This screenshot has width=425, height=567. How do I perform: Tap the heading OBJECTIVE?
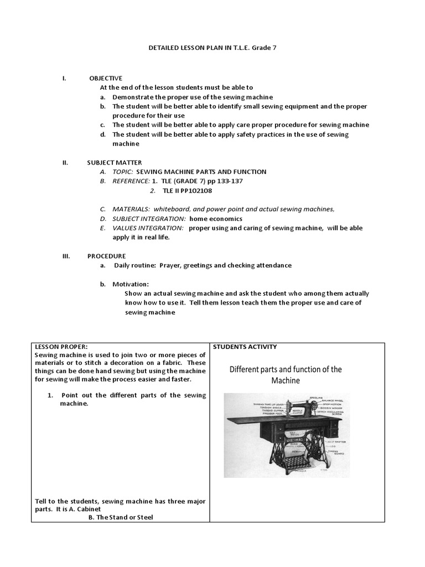click(x=106, y=78)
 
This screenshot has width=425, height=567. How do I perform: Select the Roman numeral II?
click(x=65, y=163)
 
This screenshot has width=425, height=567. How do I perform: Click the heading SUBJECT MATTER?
click(x=115, y=163)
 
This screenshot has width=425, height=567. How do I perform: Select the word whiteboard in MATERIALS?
click(x=174, y=209)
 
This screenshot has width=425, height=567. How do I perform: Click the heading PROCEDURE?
click(x=106, y=256)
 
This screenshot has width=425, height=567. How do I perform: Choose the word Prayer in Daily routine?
click(x=170, y=265)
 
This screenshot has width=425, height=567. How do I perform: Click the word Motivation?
click(x=131, y=284)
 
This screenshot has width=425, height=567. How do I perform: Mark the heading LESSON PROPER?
click(x=61, y=347)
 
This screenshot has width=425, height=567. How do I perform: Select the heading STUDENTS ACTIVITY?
click(x=245, y=347)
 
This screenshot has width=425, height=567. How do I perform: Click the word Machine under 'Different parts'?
click(x=285, y=380)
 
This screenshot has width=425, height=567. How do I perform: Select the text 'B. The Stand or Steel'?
click(x=121, y=517)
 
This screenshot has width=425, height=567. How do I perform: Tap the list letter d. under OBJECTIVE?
click(x=102, y=135)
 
